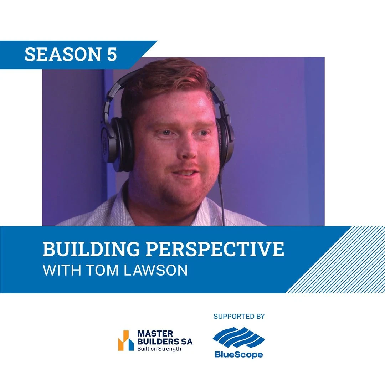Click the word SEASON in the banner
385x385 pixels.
63,54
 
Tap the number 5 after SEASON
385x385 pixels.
112,54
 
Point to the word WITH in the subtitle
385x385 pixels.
62,270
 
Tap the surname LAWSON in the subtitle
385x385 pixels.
156,270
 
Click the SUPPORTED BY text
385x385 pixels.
239,317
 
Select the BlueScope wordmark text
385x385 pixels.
238,355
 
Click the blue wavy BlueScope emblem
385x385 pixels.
238,337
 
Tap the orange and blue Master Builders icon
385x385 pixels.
126,340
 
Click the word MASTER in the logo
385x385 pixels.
155,334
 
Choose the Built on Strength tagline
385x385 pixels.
159,349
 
